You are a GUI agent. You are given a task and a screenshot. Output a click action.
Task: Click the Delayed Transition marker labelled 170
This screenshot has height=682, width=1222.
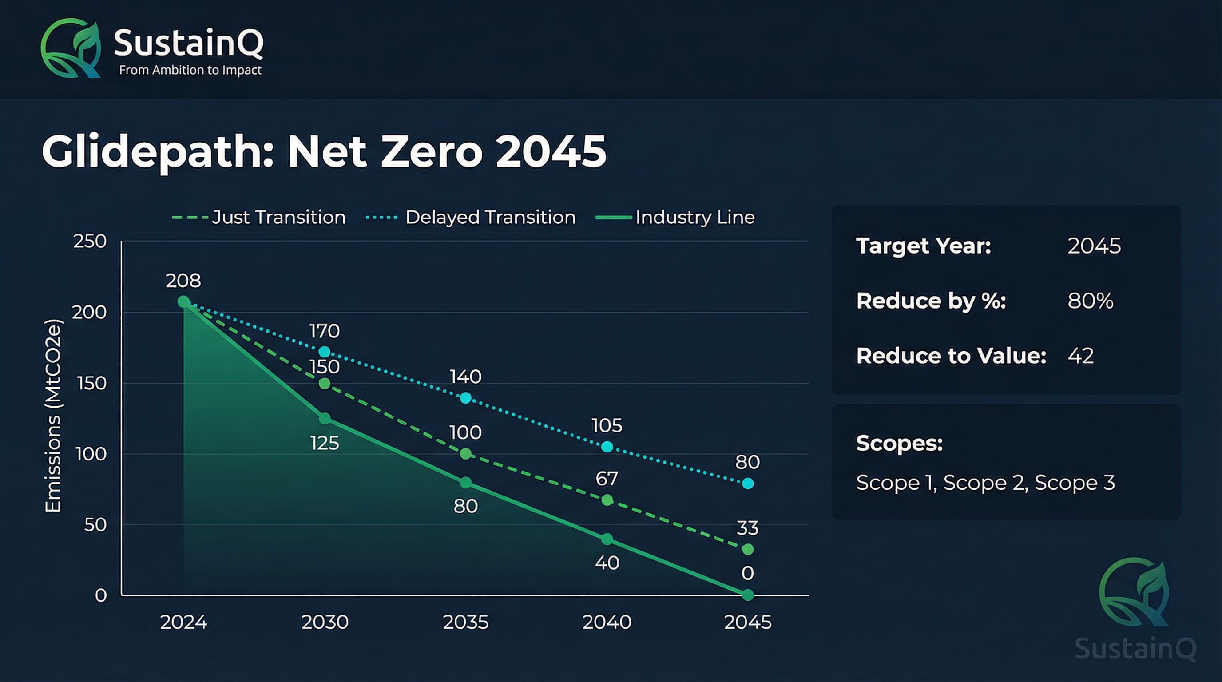pos(325,351)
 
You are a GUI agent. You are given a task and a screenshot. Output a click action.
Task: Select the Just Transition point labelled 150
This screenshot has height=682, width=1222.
pos(325,383)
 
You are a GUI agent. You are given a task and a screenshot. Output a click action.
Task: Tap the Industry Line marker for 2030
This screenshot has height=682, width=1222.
pos(325,418)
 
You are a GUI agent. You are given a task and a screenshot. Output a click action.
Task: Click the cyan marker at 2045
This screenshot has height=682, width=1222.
pos(748,483)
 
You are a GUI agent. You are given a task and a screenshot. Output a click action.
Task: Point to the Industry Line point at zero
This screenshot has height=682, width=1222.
pos(748,594)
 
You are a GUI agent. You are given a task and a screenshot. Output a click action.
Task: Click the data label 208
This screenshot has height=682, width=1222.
pos(183,280)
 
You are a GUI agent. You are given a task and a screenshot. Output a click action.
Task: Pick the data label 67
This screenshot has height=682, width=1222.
pos(607,479)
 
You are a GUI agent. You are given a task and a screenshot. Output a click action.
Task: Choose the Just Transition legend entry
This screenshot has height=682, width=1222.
pos(258,217)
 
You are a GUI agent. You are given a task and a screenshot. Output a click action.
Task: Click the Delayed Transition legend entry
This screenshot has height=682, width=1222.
pos(471,217)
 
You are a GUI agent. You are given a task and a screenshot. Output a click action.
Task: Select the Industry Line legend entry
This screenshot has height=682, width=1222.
pos(675,217)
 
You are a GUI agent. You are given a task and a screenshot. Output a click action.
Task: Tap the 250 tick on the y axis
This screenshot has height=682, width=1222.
pos(90,241)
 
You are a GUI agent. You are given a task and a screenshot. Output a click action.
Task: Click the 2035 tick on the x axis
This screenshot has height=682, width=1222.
pos(465,622)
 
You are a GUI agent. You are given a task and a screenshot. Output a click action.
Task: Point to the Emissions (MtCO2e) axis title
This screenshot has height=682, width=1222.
pos(53,416)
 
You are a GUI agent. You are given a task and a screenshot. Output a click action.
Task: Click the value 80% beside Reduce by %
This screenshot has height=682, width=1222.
pos(1090,301)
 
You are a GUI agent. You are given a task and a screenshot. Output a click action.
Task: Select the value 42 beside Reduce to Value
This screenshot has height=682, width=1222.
pos(1081,356)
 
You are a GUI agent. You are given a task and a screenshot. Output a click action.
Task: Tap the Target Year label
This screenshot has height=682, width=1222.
pos(923,246)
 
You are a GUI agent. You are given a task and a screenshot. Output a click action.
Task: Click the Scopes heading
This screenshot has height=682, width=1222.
pos(899,443)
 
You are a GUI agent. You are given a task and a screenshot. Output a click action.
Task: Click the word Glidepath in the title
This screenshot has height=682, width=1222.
pos(157,152)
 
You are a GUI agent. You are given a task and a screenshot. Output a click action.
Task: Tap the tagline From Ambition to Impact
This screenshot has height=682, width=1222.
pos(190,70)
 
